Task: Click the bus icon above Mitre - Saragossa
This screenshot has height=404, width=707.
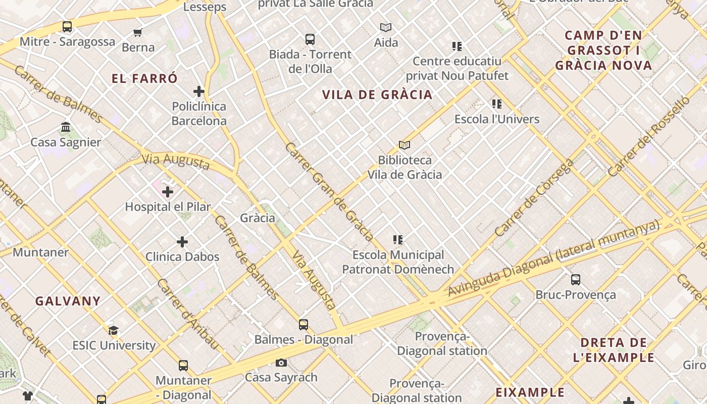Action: pyautogui.click(x=67, y=26)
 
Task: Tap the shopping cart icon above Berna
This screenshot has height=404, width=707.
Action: pyautogui.click(x=138, y=33)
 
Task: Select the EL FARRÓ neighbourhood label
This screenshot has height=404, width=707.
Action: pyautogui.click(x=145, y=79)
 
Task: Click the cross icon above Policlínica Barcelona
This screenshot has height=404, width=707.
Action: pyautogui.click(x=199, y=91)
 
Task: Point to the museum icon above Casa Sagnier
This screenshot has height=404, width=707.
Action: pyautogui.click(x=66, y=127)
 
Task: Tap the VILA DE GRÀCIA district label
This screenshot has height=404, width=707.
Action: pyautogui.click(x=377, y=95)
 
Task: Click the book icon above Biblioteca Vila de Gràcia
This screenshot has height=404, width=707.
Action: pyautogui.click(x=405, y=145)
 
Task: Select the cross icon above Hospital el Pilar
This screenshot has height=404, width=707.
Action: pyautogui.click(x=168, y=192)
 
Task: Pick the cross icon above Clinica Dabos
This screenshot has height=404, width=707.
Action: pyautogui.click(x=182, y=242)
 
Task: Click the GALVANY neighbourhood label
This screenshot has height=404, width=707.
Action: pyautogui.click(x=68, y=301)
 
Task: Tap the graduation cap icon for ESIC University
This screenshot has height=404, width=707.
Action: pyautogui.click(x=114, y=331)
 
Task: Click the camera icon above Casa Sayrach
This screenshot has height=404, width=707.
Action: pyautogui.click(x=281, y=363)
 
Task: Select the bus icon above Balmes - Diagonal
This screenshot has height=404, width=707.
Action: pyautogui.click(x=304, y=325)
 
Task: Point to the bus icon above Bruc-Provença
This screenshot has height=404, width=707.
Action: pyautogui.click(x=576, y=280)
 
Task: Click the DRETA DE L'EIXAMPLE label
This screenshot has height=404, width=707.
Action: pyautogui.click(x=614, y=350)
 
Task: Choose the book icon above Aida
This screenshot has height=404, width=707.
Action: pyautogui.click(x=386, y=27)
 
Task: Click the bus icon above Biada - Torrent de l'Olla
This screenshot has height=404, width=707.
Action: pyautogui.click(x=310, y=39)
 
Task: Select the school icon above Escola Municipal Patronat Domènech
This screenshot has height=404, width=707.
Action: pyautogui.click(x=398, y=240)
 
